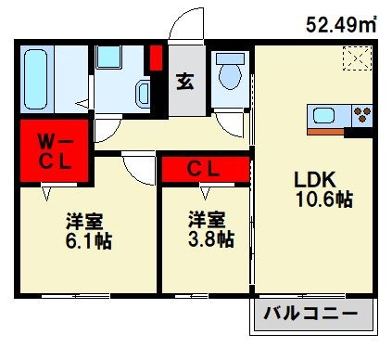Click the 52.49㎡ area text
(x=340, y=25)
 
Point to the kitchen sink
(x=324, y=116)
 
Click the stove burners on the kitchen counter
(x=361, y=116)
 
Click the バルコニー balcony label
(x=314, y=315)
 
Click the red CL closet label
(x=204, y=169)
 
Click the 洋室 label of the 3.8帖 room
(x=206, y=220)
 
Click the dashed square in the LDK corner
(x=356, y=59)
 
